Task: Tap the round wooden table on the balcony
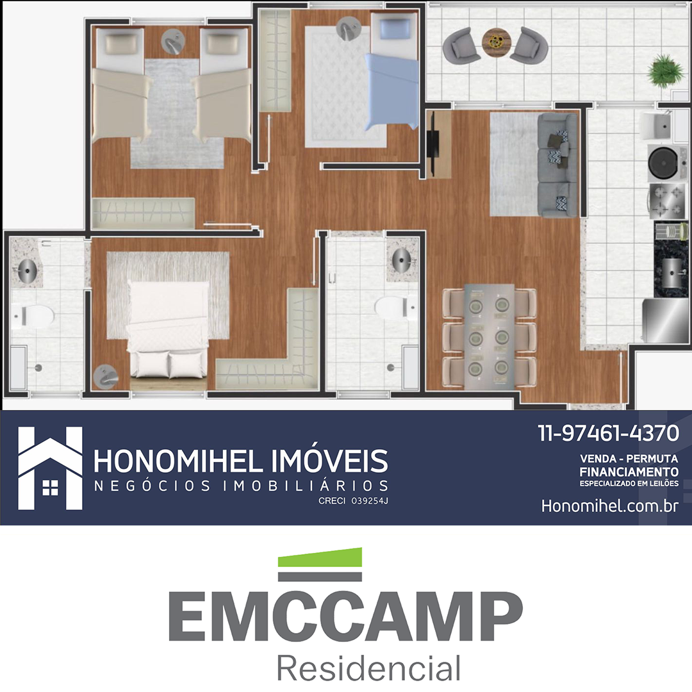(x=496, y=42)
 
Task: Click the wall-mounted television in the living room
(x=432, y=144)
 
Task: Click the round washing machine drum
(x=663, y=162)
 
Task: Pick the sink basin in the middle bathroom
(x=401, y=260)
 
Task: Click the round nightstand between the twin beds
(x=172, y=42)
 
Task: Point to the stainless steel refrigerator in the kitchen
(x=664, y=321)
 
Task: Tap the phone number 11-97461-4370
(x=608, y=433)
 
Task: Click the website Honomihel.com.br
(x=610, y=506)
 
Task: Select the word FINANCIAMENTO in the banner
(x=629, y=472)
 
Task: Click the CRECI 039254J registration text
(x=353, y=501)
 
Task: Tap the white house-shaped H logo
(x=51, y=468)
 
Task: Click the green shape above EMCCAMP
(x=320, y=557)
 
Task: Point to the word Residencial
(x=368, y=668)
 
